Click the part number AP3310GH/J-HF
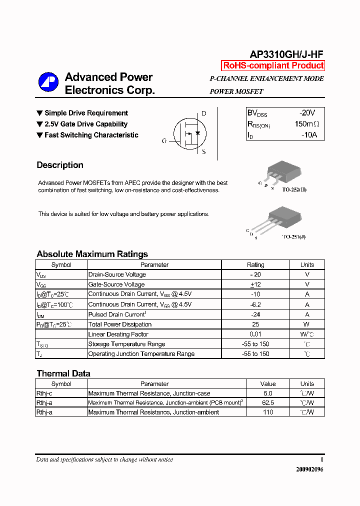pyautogui.click(x=286, y=54)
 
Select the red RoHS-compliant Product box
pyautogui.click(x=273, y=65)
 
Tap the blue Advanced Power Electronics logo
pyautogui.click(x=49, y=82)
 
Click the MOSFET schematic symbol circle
pyautogui.click(x=189, y=133)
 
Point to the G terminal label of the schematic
pyautogui.click(x=164, y=141)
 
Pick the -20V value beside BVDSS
pyautogui.click(x=307, y=113)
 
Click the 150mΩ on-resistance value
pyautogui.click(x=306, y=124)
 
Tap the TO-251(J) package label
pyautogui.click(x=293, y=236)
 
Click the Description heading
pyautogui.click(x=60, y=165)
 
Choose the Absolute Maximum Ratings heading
pyautogui.click(x=92, y=254)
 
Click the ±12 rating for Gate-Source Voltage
pyautogui.click(x=255, y=284)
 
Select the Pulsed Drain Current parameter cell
pyautogui.click(x=116, y=314)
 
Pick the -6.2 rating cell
pyautogui.click(x=255, y=304)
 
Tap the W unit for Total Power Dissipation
pyautogui.click(x=307, y=324)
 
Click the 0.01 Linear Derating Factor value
pyautogui.click(x=255, y=334)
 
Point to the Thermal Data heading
pyautogui.click(x=63, y=373)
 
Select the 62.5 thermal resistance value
pyautogui.click(x=268, y=402)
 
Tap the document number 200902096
pyautogui.click(x=309, y=469)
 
